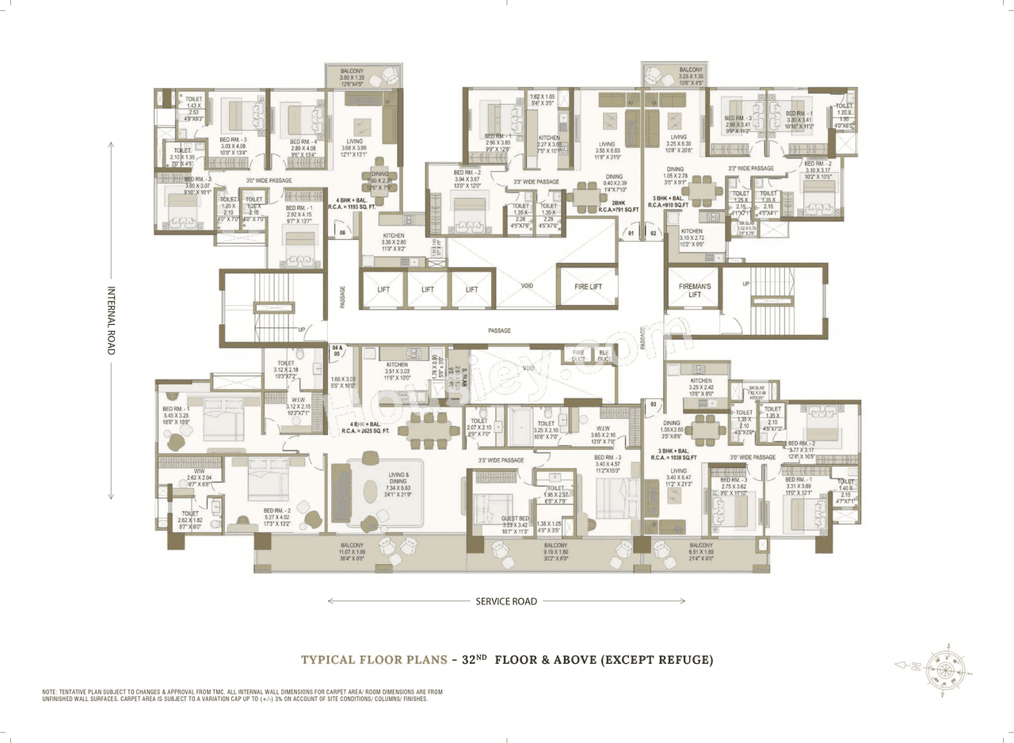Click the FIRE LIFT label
586,287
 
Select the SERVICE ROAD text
505,601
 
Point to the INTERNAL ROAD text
111,320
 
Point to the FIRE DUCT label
578,354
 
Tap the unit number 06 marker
342,233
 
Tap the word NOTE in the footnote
51,692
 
